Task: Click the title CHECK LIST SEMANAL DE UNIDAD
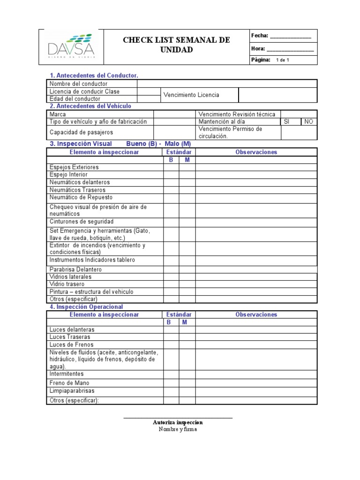point(176,45)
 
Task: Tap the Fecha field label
point(260,36)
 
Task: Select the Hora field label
point(258,48)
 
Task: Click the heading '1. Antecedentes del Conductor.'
point(94,75)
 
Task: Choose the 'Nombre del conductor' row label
point(78,83)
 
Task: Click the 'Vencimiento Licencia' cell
point(191,95)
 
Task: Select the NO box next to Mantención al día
point(308,121)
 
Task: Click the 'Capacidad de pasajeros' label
point(81,133)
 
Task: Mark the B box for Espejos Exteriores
point(171,167)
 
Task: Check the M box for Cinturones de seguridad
point(187,222)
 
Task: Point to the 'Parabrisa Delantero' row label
point(75,270)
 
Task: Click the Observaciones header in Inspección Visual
point(256,152)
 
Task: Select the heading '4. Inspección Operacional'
point(87,307)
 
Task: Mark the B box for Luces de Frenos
point(171,345)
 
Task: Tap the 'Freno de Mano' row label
point(69,383)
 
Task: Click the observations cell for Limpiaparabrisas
point(256,391)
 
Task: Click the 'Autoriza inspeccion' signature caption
point(178,422)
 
